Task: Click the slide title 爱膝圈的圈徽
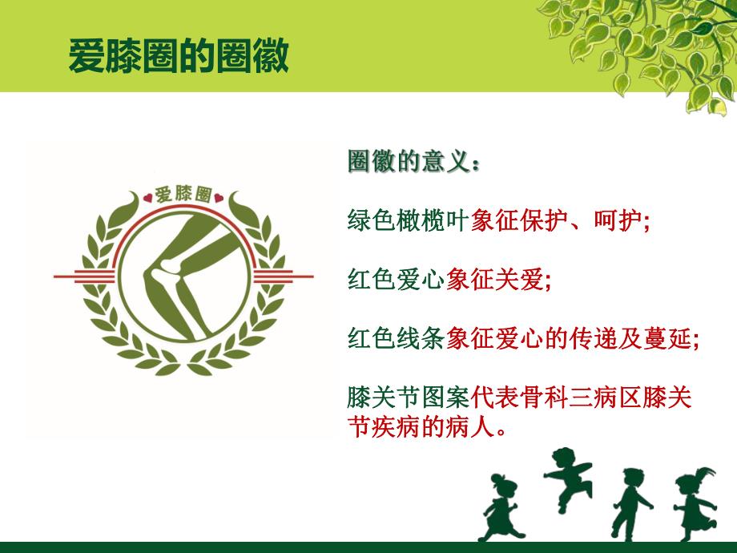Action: pos(178,57)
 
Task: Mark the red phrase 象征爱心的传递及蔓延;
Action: pos(573,338)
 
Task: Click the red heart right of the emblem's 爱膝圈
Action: pos(219,193)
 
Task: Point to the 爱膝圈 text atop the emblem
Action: pos(183,193)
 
